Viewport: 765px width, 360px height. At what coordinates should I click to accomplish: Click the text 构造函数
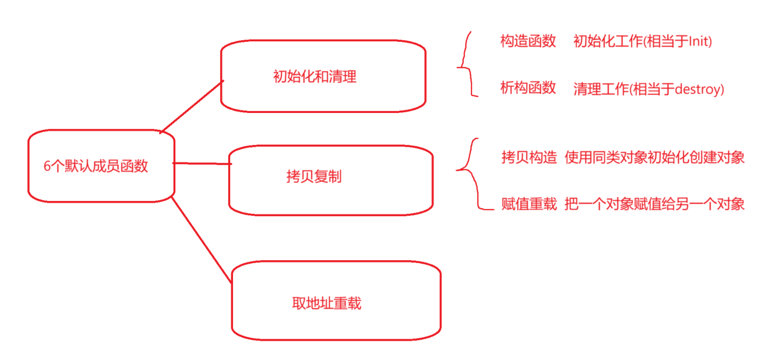click(528, 41)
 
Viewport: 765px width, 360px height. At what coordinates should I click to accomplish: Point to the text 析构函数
click(528, 88)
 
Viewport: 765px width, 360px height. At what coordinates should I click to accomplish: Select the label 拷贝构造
click(529, 157)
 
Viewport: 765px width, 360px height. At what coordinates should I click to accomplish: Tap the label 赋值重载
click(529, 204)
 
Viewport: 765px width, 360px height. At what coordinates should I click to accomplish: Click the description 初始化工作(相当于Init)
click(642, 42)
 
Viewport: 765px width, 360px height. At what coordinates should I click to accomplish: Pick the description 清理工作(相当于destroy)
click(648, 89)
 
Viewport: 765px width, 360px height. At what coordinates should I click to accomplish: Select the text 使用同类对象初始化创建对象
click(654, 157)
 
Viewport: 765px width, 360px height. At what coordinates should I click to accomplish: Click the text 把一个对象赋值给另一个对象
click(654, 204)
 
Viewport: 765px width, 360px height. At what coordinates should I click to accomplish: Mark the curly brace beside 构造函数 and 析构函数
click(465, 65)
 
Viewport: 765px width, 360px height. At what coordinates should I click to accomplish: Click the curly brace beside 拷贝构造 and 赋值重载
click(471, 173)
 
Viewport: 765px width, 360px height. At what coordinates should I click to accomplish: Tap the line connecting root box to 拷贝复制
click(202, 163)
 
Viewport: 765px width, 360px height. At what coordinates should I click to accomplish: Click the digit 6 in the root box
click(47, 166)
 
